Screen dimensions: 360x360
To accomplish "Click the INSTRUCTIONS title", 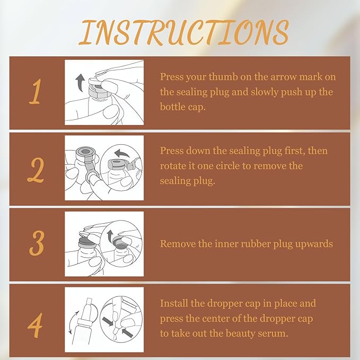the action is [x=183, y=32].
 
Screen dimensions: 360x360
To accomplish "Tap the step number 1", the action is [x=36, y=92].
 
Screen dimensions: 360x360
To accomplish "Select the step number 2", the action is [x=36, y=170].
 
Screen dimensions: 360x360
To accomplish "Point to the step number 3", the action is [x=36, y=243].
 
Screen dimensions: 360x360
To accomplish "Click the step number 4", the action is [x=35, y=325].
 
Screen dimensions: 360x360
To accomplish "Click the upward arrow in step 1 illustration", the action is [x=80, y=82].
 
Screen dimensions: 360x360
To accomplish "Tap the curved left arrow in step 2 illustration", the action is [x=122, y=153].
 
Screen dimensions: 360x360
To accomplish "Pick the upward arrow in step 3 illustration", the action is [x=110, y=236].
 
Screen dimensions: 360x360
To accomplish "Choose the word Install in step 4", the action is [x=174, y=303].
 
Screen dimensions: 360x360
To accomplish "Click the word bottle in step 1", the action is [x=171, y=107].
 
